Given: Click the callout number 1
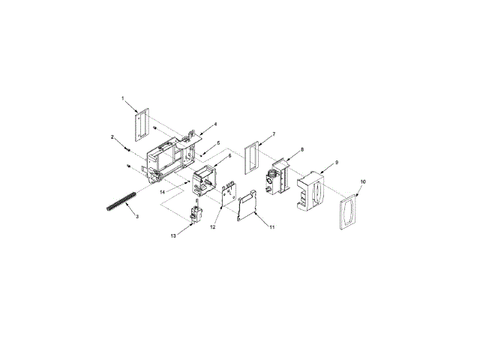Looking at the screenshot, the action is (x=123, y=98).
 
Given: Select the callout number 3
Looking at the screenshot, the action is (x=137, y=217).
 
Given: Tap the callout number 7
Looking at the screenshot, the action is (x=274, y=134).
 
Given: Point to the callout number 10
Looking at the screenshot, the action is (x=363, y=181).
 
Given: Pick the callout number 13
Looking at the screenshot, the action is (x=173, y=236).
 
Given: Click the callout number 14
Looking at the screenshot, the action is (x=163, y=192).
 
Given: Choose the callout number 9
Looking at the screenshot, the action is (x=337, y=162).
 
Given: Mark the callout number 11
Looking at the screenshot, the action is (x=271, y=226).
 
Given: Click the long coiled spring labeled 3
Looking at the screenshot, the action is (x=121, y=201).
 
